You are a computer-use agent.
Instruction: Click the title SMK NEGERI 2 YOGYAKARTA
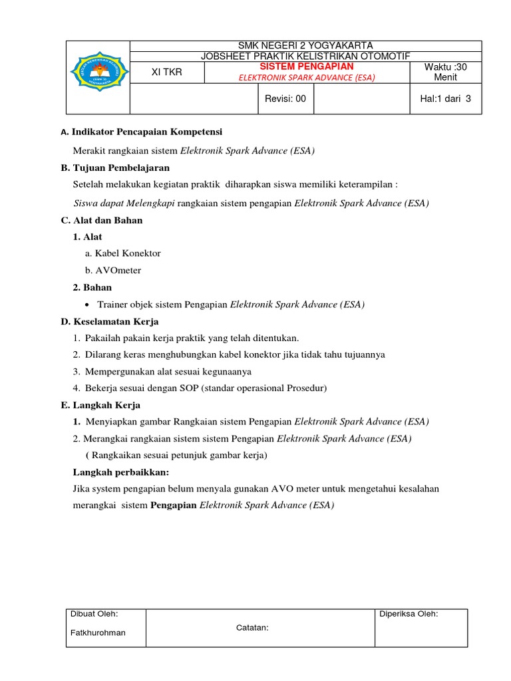(306, 45)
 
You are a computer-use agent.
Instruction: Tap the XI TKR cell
(166, 72)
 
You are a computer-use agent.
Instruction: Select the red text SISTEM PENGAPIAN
(307, 67)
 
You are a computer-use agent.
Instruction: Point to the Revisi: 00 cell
(285, 98)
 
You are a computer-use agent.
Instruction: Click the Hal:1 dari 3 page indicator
(445, 98)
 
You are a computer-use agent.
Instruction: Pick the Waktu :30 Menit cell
(445, 72)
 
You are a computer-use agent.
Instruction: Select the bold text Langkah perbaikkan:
(120, 472)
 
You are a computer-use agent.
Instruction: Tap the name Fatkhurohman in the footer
(98, 632)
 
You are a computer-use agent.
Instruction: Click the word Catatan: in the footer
(252, 626)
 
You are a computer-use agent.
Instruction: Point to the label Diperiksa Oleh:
(409, 614)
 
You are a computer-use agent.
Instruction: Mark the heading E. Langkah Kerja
(100, 405)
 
